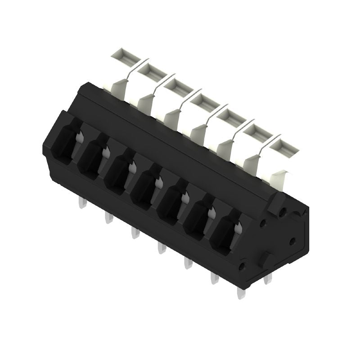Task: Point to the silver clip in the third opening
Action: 132,168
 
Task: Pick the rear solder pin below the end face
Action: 269,279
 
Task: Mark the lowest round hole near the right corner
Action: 242,267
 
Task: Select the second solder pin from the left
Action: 108,218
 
